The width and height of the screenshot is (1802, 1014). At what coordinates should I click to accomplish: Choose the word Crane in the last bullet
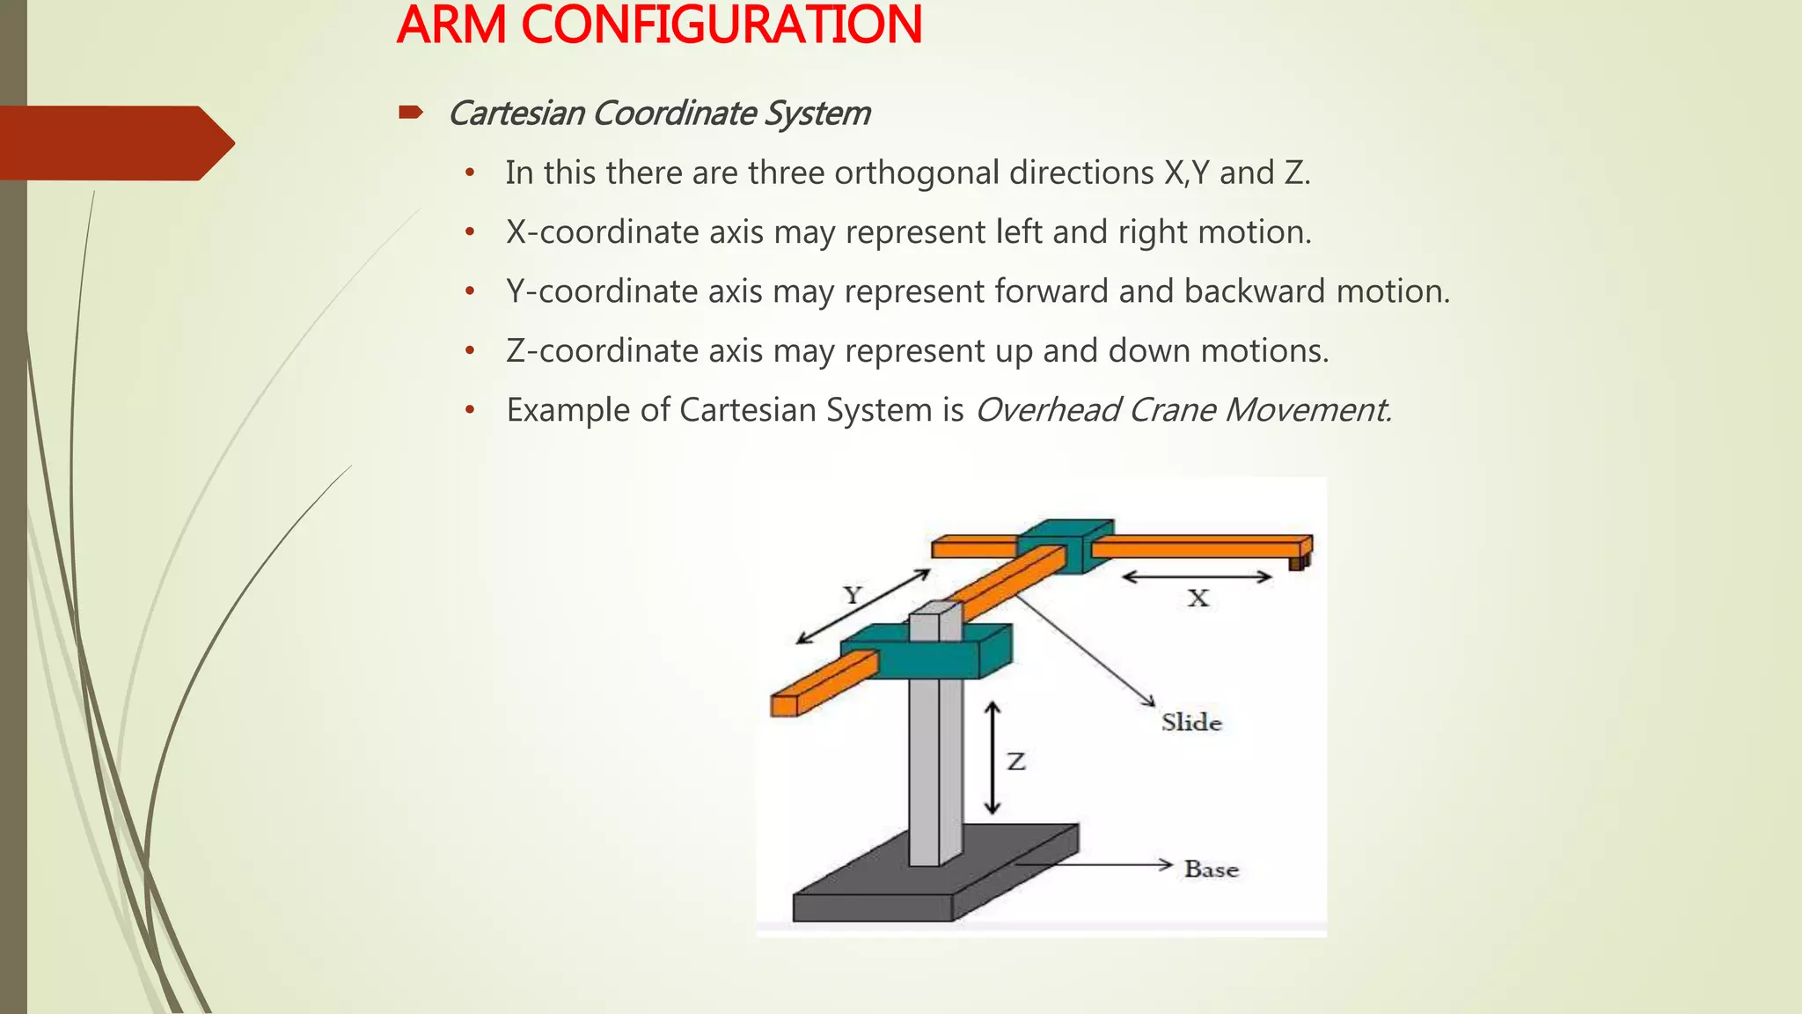coord(1169,410)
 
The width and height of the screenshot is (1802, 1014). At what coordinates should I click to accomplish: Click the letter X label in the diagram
coord(1198,599)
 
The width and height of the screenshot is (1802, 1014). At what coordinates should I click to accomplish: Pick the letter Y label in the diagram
coord(852,596)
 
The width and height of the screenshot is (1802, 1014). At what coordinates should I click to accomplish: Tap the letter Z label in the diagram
coord(1016,761)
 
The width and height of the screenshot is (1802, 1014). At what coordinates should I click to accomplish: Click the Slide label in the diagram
coord(1191,723)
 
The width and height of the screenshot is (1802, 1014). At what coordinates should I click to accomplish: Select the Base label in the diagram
coord(1211,870)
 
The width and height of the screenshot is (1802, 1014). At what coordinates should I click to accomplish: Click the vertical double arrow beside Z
coord(993,758)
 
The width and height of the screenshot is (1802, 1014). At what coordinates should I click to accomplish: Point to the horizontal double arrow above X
coord(1197,577)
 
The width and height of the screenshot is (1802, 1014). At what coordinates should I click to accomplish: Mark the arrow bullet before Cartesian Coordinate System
coord(411,113)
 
